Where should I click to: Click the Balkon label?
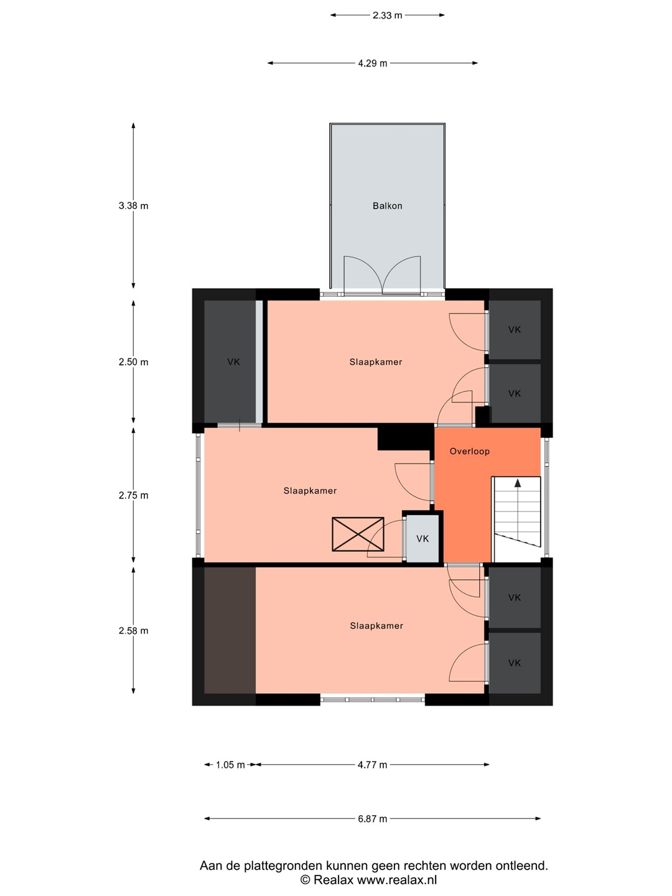pos(387,206)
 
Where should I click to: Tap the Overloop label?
pos(469,451)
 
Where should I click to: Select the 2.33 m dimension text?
pos(387,16)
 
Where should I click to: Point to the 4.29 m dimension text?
pos(373,63)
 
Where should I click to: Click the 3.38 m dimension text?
pos(133,206)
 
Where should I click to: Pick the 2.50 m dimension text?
pos(133,362)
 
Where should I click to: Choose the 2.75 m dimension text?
pos(133,495)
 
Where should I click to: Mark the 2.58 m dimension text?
pos(133,631)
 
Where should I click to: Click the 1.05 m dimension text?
pos(230,765)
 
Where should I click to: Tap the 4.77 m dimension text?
pos(372,765)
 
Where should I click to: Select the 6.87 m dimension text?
pos(373,818)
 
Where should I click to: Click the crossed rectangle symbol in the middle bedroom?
pos(358,534)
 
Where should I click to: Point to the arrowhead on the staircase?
pos(518,483)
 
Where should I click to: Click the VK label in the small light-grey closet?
pos(422,539)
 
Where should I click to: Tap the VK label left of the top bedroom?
pos(233,362)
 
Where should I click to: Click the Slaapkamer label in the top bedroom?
pos(376,362)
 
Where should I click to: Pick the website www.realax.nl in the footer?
pos(396,880)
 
